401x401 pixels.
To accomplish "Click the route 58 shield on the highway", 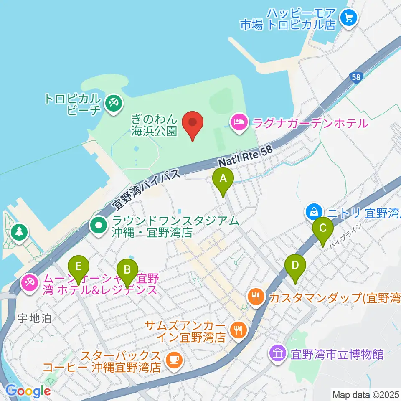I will coord(355,78).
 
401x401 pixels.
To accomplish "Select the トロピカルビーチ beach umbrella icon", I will coord(113,102).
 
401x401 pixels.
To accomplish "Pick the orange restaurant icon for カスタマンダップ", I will coord(255,297).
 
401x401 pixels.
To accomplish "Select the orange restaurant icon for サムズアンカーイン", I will coord(239,330).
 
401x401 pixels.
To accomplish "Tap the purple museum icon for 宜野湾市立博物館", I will coord(278,354).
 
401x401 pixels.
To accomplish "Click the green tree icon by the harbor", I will coord(19,231).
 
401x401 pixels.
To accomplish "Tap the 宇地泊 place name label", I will coord(34,319).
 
